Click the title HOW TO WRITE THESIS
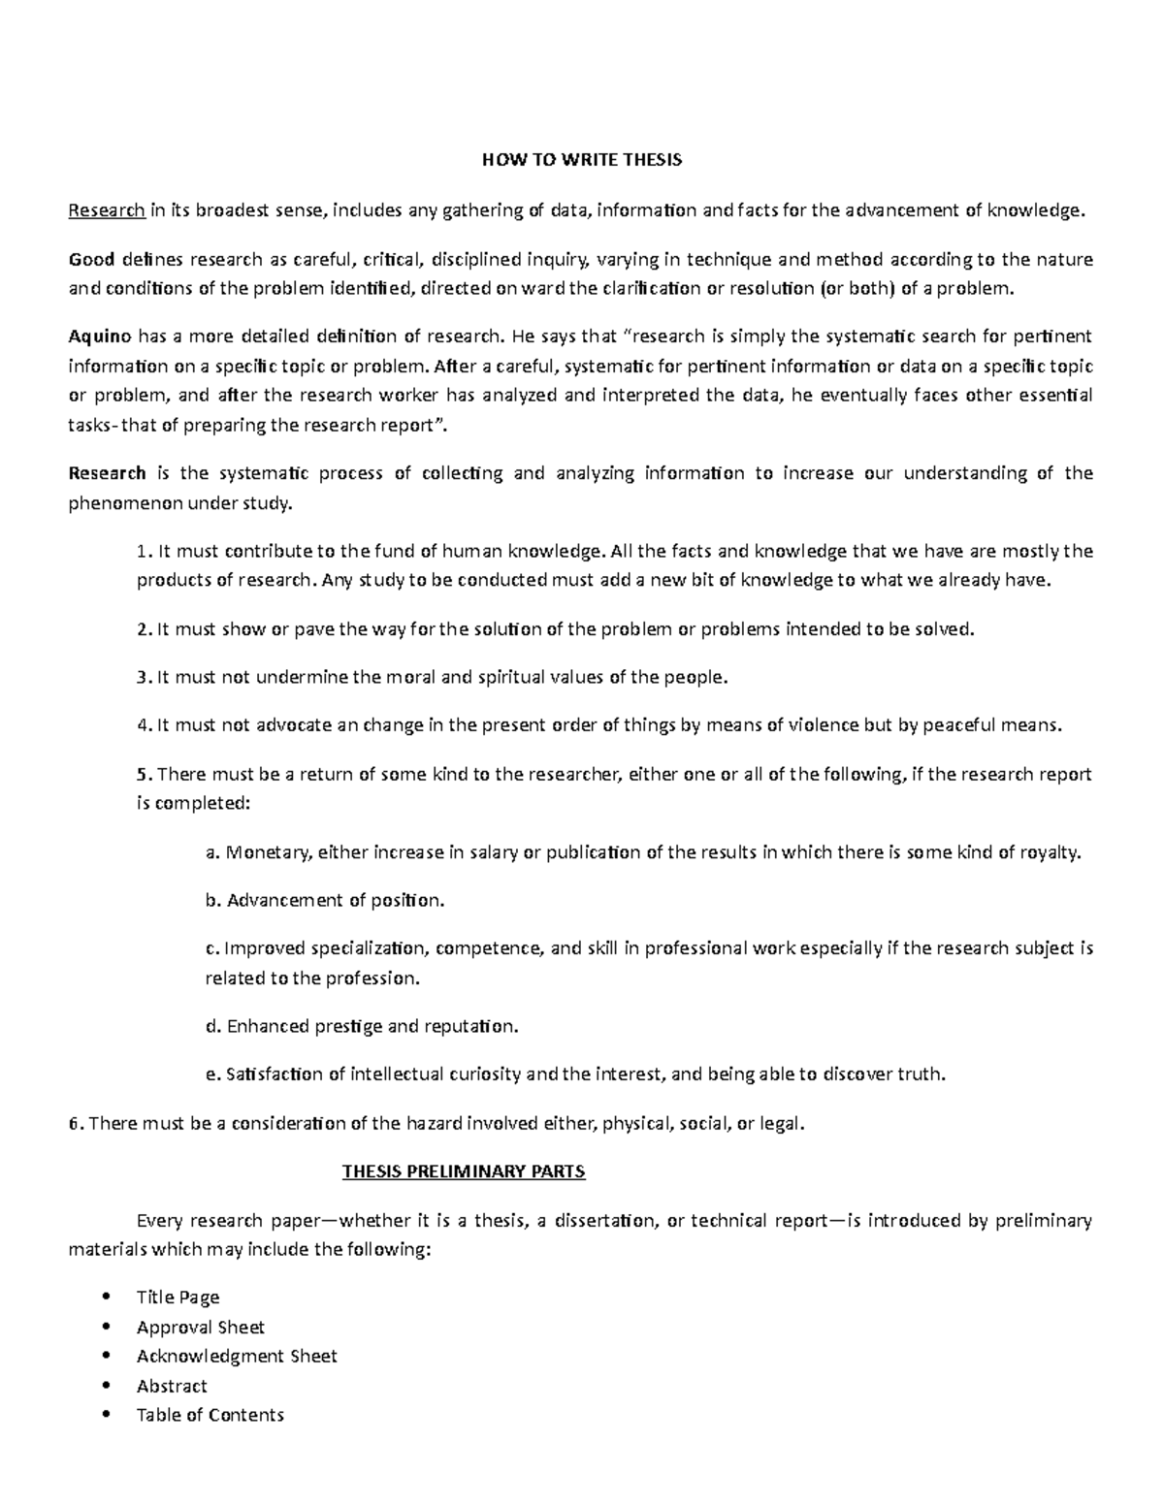pos(582,160)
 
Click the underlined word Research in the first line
pos(106,209)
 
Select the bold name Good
pos(91,259)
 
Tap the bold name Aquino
pos(100,336)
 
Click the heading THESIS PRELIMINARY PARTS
pos(464,1171)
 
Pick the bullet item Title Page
pos(178,1298)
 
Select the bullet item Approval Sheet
pos(200,1327)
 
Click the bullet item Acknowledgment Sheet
pos(237,1356)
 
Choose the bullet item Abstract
pos(172,1386)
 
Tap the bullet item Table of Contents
pos(210,1415)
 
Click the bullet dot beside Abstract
pos(104,1387)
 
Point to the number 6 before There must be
pos(73,1124)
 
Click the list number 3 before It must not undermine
pos(142,677)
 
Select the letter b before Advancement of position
pos(210,901)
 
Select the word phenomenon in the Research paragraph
pos(124,503)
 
